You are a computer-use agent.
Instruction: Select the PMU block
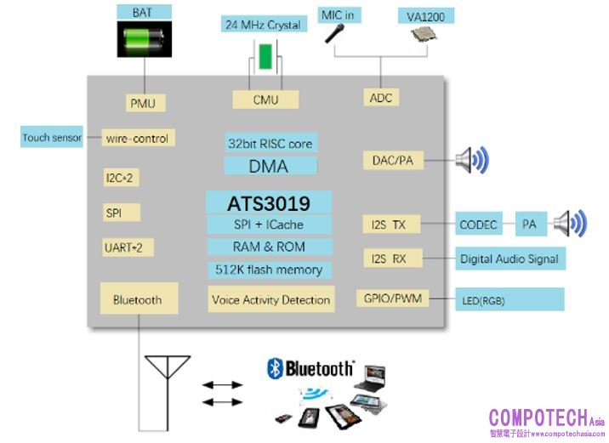(x=142, y=104)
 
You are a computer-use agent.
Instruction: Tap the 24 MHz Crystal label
(x=263, y=25)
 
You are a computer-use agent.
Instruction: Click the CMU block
(x=266, y=99)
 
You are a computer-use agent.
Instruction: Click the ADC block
(x=381, y=98)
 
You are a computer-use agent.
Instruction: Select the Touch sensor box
(x=52, y=138)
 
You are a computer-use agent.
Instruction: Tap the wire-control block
(x=137, y=138)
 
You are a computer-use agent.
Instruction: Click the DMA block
(x=269, y=166)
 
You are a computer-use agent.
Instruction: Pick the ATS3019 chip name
(x=269, y=204)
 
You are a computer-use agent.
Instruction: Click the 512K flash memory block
(x=269, y=270)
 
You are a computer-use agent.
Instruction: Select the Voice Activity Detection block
(x=270, y=299)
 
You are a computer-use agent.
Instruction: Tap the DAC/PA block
(x=393, y=160)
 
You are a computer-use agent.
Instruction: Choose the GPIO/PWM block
(x=392, y=298)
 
